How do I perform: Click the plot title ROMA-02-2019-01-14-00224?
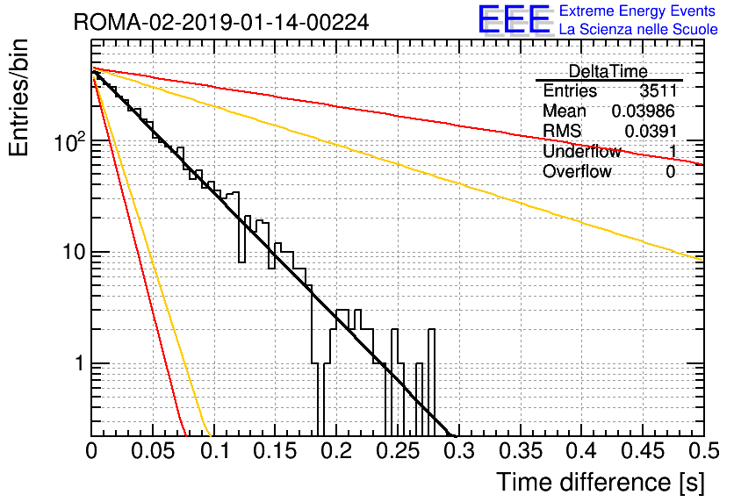[x=221, y=22]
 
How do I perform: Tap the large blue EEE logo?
[x=515, y=20]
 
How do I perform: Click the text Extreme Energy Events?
[x=637, y=11]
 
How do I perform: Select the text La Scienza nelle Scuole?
[x=638, y=29]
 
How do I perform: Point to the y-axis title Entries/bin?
[x=18, y=97]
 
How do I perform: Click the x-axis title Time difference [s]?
[x=601, y=483]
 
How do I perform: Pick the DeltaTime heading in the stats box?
[x=608, y=71]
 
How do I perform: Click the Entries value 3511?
[x=658, y=90]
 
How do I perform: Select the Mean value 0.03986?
[x=644, y=111]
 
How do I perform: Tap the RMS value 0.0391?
[x=651, y=131]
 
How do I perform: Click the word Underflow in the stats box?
[x=582, y=151]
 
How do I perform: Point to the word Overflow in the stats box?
[x=577, y=171]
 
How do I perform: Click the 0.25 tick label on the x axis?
[x=398, y=451]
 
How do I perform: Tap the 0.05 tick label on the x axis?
[x=153, y=451]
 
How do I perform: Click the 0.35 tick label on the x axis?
[x=520, y=451]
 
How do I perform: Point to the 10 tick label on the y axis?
[x=74, y=252]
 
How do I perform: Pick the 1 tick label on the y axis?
[x=80, y=363]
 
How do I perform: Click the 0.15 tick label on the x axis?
[x=275, y=451]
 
